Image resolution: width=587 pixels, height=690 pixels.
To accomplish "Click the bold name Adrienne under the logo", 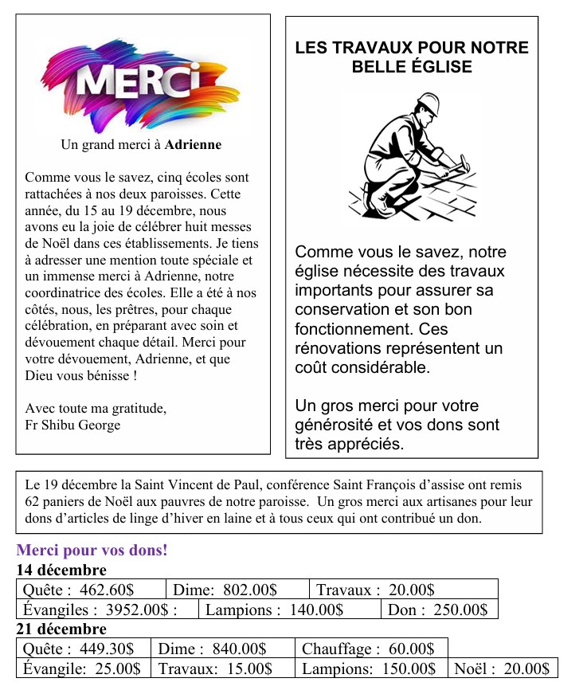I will coord(193,145).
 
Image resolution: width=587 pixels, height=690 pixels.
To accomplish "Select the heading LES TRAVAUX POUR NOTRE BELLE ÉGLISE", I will coord(412,57).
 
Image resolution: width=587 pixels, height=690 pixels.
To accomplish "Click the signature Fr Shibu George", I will coord(73,425).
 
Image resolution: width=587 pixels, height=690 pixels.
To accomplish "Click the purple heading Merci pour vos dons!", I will coord(92,551).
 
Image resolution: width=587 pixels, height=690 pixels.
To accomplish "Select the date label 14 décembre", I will coord(61,570).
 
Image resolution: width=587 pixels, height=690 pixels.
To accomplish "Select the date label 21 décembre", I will coord(61,629).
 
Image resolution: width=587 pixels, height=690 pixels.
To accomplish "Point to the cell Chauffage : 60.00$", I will coord(368,649).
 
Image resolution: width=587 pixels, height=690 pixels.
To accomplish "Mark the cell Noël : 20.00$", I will coord(502,668).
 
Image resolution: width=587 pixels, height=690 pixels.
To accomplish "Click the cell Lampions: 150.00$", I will coord(369,668).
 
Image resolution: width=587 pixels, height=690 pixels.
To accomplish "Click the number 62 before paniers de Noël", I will coord(33,502).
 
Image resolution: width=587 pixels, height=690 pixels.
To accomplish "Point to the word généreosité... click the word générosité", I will coord(329,425).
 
